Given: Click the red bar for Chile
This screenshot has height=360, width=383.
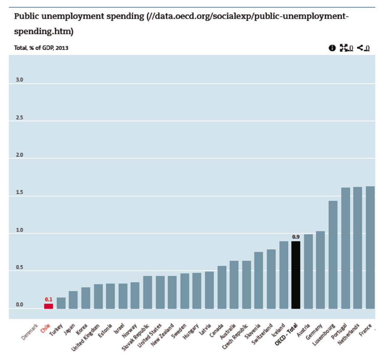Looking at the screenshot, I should [49, 306].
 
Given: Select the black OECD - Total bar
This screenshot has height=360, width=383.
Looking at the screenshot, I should [296, 275].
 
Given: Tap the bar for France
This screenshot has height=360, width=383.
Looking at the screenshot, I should [370, 247].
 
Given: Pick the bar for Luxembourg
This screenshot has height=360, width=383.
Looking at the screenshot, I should [333, 255].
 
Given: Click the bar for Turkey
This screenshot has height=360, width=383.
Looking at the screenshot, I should [61, 303].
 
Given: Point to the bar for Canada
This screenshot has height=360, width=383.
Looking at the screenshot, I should [222, 287].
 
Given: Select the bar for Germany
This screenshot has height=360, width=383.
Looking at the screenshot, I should [320, 270].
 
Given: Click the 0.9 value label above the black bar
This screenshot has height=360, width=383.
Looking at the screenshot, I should [295, 237].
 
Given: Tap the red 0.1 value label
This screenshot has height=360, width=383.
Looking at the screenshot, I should [49, 299].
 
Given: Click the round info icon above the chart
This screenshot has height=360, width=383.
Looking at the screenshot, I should [332, 48].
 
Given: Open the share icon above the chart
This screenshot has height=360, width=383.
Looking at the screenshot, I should [360, 48].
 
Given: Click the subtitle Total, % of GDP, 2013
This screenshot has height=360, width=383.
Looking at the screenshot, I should [41, 48].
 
